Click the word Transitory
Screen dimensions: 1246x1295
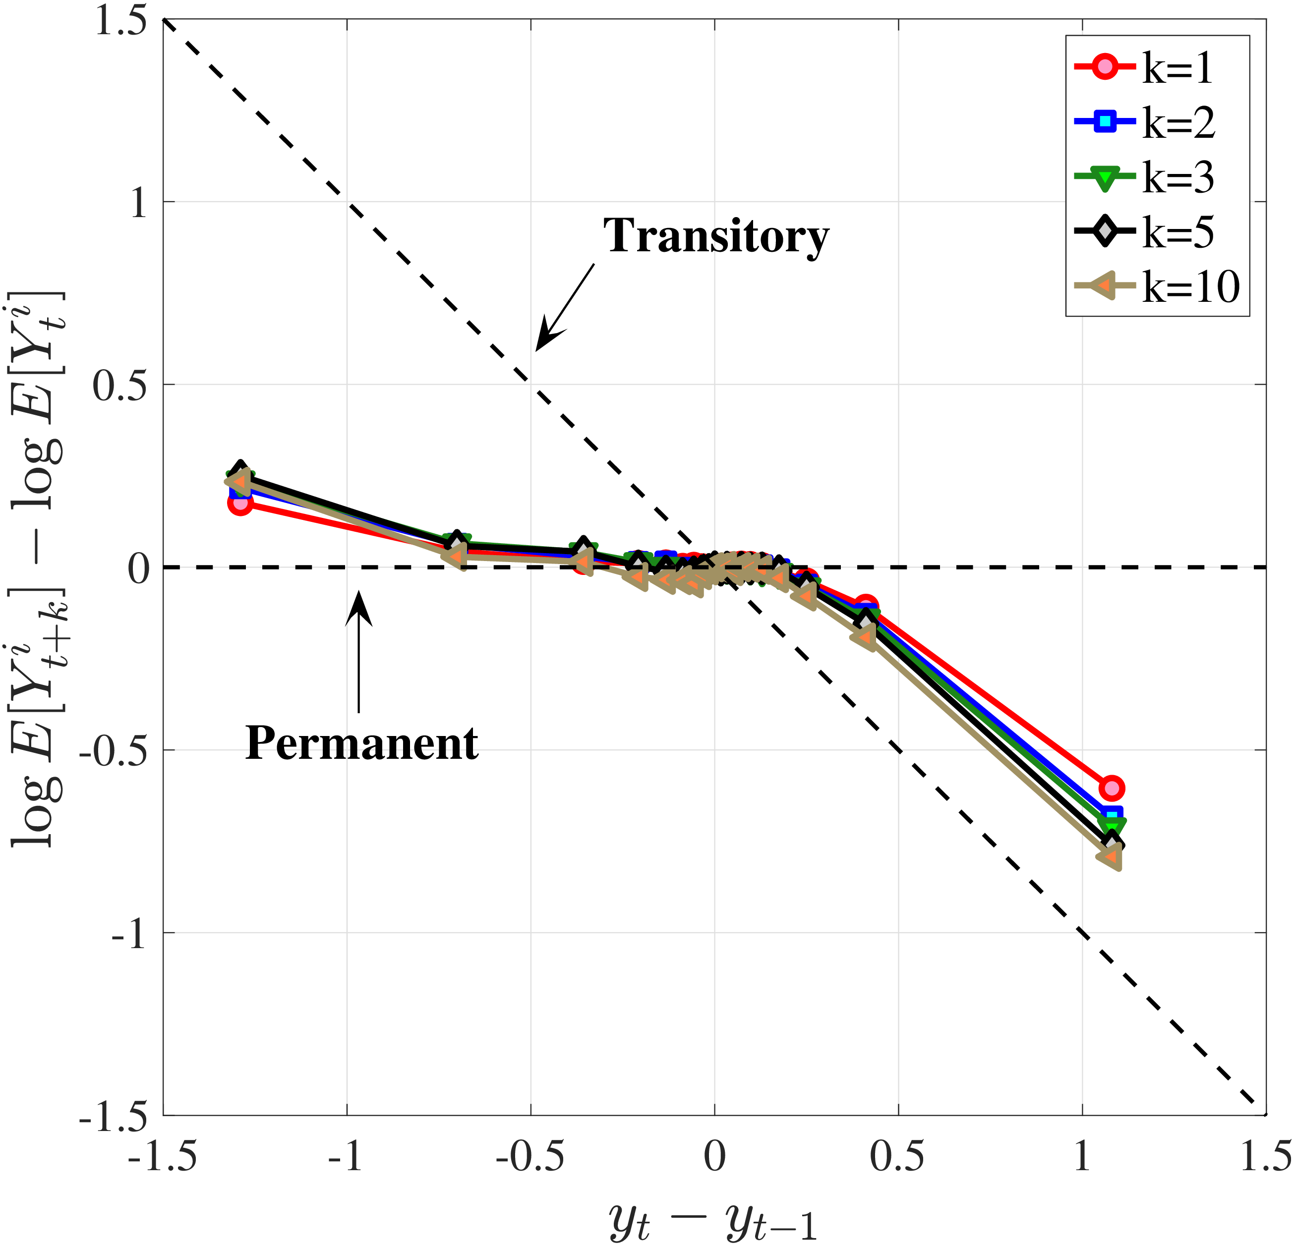click(x=715, y=236)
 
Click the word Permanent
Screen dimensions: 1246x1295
click(x=361, y=744)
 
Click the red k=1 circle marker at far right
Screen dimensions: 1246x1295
click(x=1112, y=788)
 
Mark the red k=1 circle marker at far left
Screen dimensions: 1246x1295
click(x=240, y=504)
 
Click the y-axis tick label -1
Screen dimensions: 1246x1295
click(x=129, y=934)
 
